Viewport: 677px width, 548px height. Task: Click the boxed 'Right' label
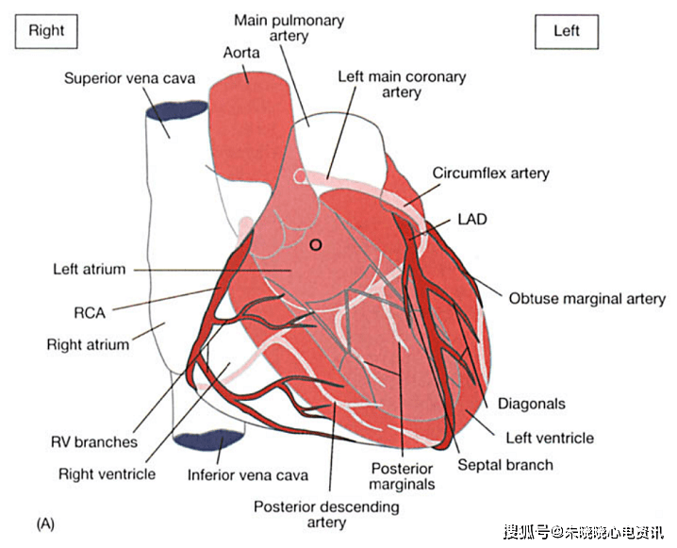pos(46,30)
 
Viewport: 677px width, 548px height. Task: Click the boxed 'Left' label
pos(566,30)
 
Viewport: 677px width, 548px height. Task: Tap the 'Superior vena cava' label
pos(129,78)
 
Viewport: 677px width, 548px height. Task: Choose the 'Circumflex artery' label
pos(490,174)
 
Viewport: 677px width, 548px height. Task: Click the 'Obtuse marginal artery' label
pos(586,299)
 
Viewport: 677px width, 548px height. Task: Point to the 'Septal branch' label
pos(504,464)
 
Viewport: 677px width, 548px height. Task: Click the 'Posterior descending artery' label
pos(326,515)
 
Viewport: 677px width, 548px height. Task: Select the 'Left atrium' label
pos(89,270)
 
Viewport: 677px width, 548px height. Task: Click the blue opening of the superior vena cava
pos(176,111)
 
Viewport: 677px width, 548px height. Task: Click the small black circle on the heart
pos(316,244)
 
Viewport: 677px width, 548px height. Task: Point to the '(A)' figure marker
pos(44,522)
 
